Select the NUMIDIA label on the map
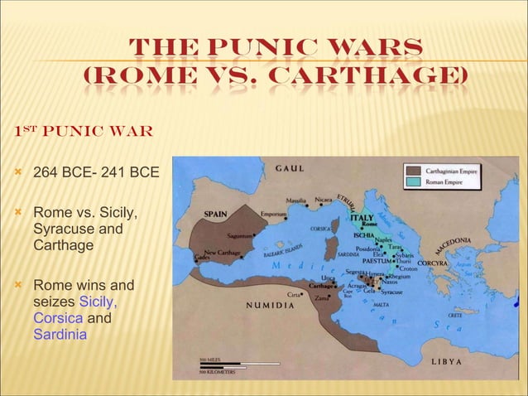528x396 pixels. click(x=268, y=305)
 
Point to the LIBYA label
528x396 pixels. click(x=446, y=363)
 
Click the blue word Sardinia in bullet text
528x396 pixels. click(x=60, y=334)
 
